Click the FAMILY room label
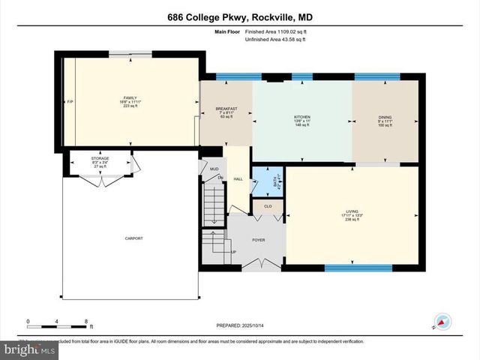130,97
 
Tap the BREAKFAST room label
226,108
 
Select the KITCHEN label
302,118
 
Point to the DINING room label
385,118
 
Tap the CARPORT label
133,238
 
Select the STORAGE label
100,159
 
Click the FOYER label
258,240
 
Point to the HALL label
238,178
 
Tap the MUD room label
214,169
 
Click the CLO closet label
268,205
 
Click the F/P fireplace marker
70,101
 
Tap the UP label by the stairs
233,252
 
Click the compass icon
442,320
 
